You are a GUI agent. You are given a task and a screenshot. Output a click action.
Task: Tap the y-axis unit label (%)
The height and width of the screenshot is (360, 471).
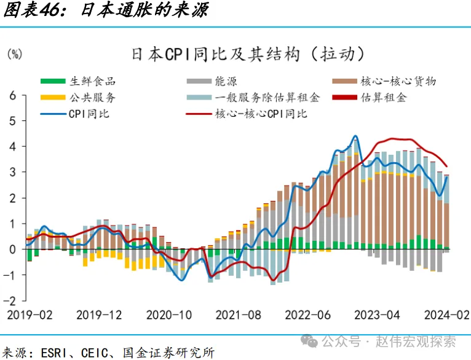tap(14, 54)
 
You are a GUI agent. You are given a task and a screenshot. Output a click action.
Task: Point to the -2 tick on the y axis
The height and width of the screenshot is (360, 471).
tap(10, 301)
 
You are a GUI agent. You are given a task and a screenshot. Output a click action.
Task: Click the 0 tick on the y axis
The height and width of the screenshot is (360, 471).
tap(12, 249)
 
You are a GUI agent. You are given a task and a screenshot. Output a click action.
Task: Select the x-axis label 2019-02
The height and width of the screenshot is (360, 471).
tap(30, 315)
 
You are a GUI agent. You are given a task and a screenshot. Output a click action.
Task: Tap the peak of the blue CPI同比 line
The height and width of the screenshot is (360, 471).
tap(355, 136)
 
